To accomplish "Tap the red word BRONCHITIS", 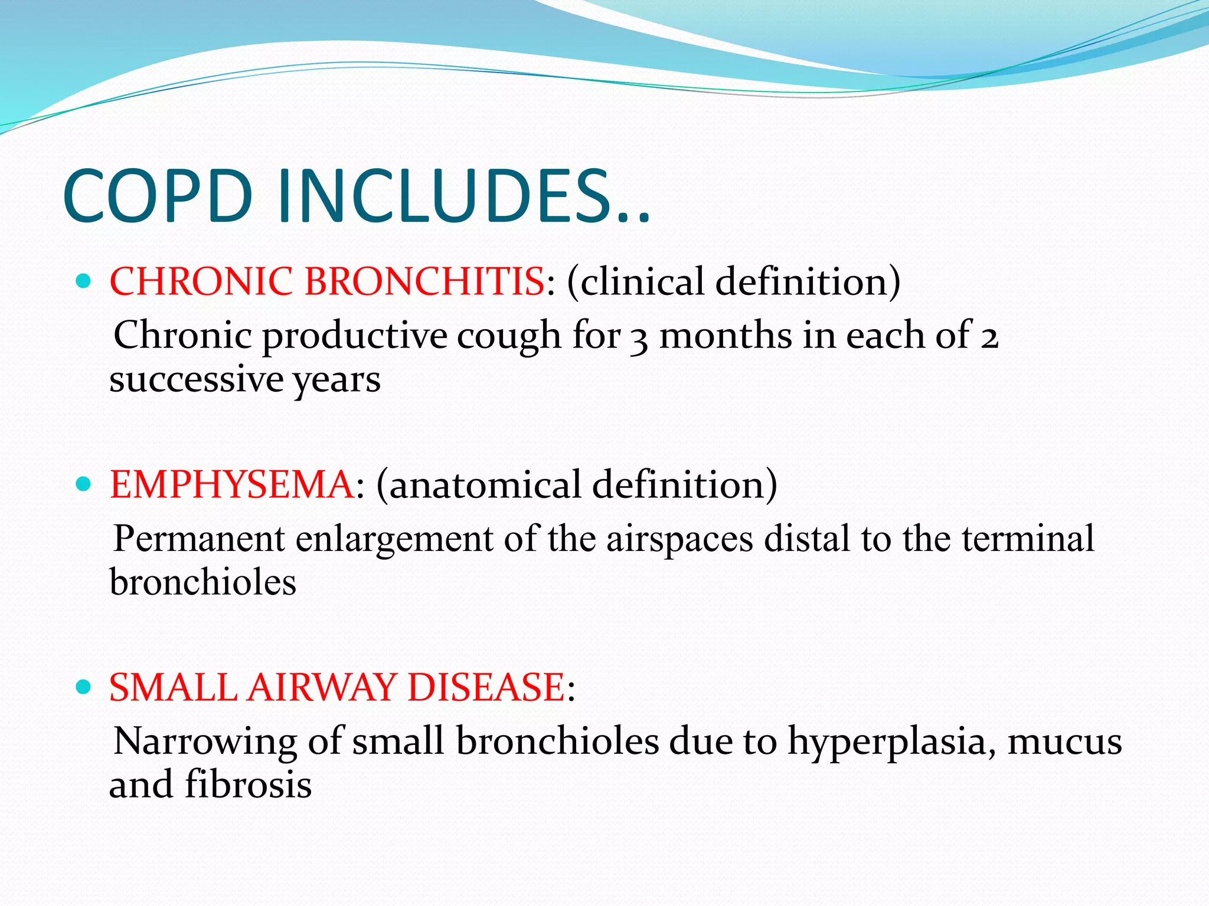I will (424, 281).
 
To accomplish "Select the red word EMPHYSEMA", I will (232, 485).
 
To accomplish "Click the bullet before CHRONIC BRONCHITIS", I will (83, 281).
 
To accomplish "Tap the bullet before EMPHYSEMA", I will (83, 485).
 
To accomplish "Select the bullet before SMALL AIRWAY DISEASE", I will (83, 687).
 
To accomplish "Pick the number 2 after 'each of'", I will (989, 339).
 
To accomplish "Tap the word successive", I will (196, 379).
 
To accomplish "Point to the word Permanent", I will (199, 539).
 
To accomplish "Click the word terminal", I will (1028, 539).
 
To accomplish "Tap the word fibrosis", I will (248, 785).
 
